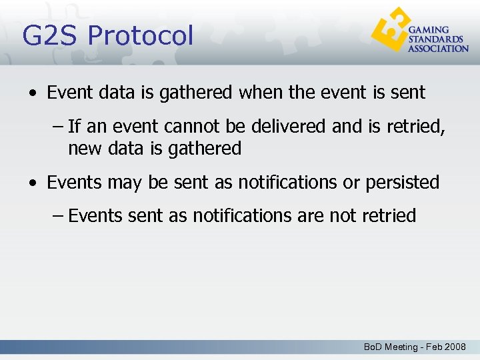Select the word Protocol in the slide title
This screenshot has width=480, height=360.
pyautogui.click(x=142, y=35)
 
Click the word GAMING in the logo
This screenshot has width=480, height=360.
pyautogui.click(x=429, y=30)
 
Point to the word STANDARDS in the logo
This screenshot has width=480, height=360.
pyautogui.click(x=435, y=39)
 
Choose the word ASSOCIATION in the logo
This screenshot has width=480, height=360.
pyautogui.click(x=438, y=49)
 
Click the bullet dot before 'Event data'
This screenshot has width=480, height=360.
pyautogui.click(x=33, y=93)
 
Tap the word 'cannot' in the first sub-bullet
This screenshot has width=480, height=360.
pyautogui.click(x=217, y=127)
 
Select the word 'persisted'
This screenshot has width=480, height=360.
pyautogui.click(x=402, y=182)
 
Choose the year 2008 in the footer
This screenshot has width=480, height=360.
pyautogui.click(x=455, y=347)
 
